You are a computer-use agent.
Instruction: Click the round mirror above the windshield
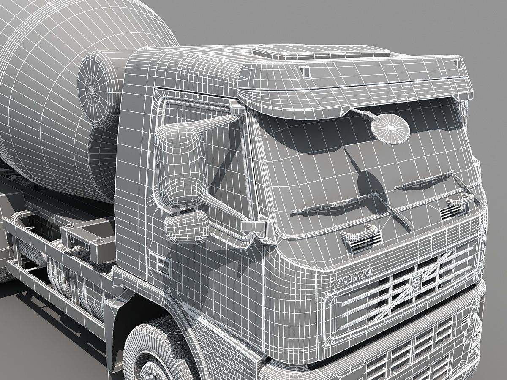[390, 127]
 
